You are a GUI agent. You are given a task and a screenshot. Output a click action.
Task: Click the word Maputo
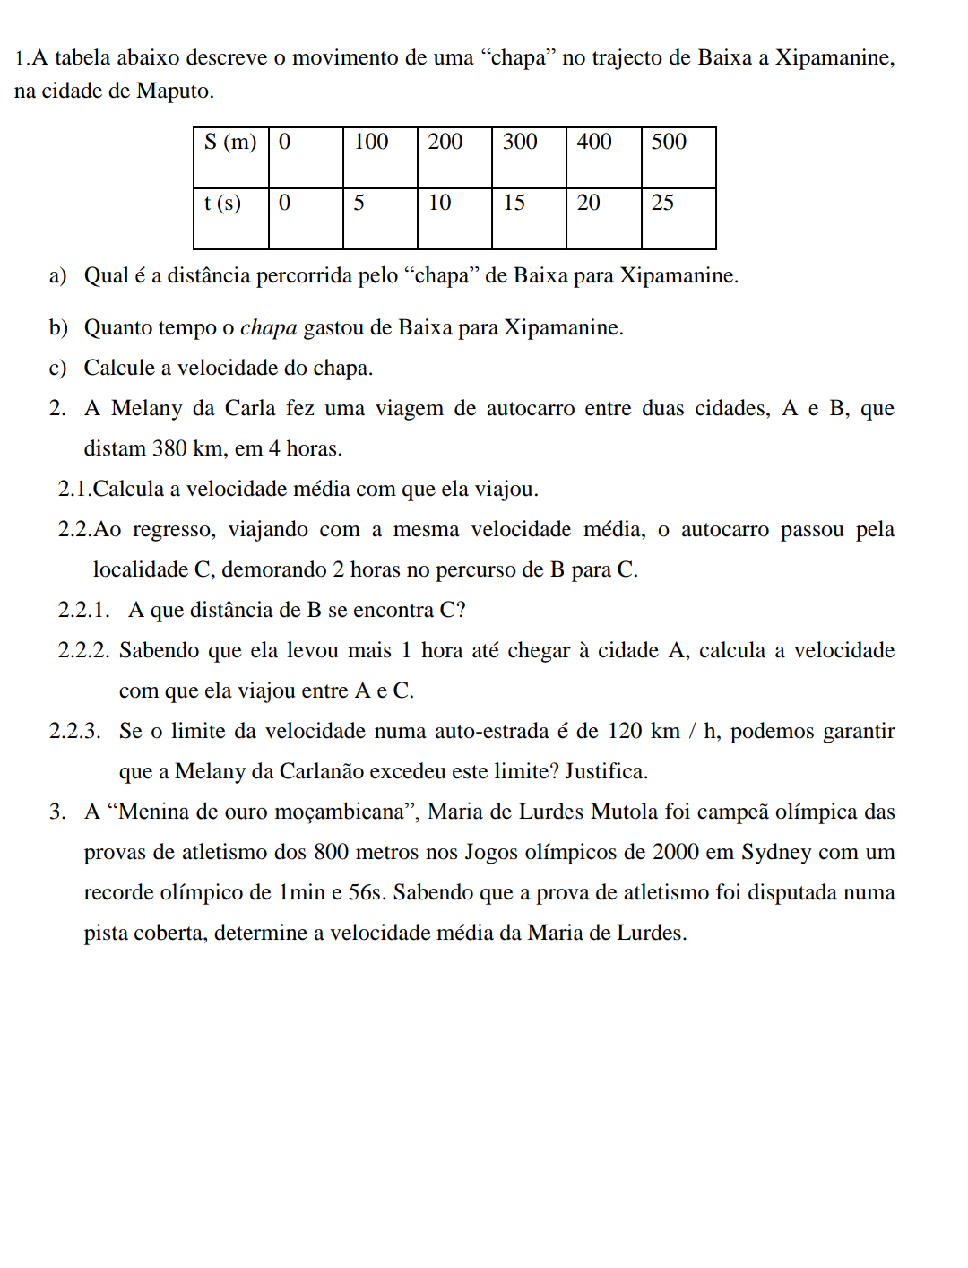pos(175,91)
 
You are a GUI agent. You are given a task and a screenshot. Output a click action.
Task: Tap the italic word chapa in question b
pos(268,328)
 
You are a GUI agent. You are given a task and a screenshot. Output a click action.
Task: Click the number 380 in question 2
pos(169,449)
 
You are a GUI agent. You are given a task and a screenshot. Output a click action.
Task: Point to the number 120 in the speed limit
pos(625,732)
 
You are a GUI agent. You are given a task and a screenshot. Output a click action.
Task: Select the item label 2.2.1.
pos(83,611)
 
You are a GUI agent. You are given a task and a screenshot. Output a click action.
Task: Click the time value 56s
pos(367,893)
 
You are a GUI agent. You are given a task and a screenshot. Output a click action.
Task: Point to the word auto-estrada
pos(491,732)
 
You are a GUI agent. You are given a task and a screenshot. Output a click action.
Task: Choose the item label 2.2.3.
pos(74,732)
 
